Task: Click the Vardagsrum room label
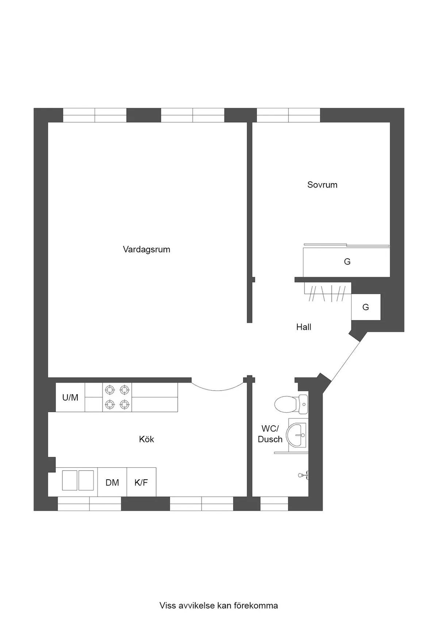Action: click(146, 249)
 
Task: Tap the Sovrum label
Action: click(322, 185)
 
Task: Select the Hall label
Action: click(304, 327)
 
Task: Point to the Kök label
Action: click(146, 439)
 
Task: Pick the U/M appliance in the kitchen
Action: click(70, 397)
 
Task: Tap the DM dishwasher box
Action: click(112, 483)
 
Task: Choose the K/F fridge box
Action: click(141, 483)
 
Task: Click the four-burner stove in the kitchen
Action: click(117, 397)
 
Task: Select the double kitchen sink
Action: click(78, 480)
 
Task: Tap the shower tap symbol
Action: click(303, 475)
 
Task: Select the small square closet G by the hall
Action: click(366, 307)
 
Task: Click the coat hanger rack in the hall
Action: click(328, 292)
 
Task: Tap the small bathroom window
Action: click(274, 503)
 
